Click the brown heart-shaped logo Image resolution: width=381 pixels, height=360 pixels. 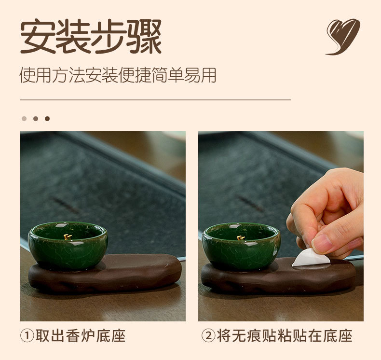[343, 37]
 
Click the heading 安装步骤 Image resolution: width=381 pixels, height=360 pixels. [91, 36]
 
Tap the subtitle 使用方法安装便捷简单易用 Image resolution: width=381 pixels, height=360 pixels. [118, 75]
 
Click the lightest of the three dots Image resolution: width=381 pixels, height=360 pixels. [24, 119]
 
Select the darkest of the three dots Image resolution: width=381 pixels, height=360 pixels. [47, 119]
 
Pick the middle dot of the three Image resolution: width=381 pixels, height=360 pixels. [36, 119]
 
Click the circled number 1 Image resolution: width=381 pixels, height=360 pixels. [27, 336]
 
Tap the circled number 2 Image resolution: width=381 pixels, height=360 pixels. [208, 336]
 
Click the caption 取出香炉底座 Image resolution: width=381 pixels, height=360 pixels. [81, 336]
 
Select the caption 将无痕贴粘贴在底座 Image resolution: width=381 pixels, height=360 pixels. [285, 336]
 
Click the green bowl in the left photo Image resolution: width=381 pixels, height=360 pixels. [68, 245]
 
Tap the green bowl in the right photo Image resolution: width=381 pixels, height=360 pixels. [241, 246]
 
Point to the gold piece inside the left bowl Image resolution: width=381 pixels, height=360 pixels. [68, 237]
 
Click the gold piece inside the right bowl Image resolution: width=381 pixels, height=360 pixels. [241, 238]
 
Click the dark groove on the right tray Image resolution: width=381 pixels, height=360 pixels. [251, 204]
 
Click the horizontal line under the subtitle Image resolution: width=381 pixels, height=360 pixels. [155, 100]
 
